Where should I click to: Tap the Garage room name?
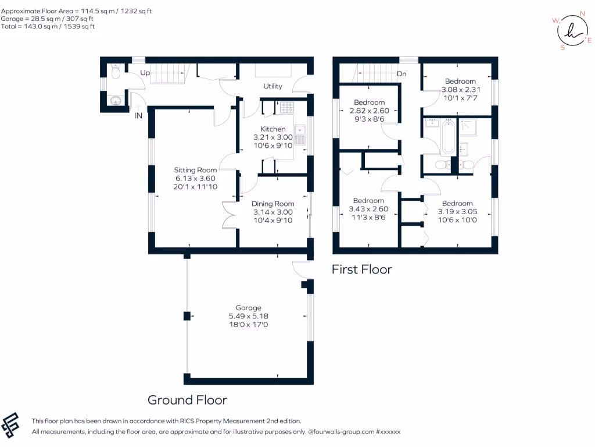pos(248,308)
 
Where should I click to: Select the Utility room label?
pos(273,86)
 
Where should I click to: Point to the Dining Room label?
pos(273,204)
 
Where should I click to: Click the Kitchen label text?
pos(273,129)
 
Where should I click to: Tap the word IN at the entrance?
pos(138,116)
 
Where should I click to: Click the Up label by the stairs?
pos(145,73)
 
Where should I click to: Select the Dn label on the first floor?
pos(402,74)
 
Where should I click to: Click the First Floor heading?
pos(361,269)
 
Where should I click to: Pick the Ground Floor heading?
pos(187,400)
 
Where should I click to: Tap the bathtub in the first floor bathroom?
pos(447,137)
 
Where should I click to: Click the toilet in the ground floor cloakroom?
pos(115,73)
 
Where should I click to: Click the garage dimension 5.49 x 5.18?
pos(248,316)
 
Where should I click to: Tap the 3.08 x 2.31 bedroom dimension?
pos(460,90)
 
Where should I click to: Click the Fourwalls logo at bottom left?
pos(11,425)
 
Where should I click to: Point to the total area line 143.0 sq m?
pos(48,26)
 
